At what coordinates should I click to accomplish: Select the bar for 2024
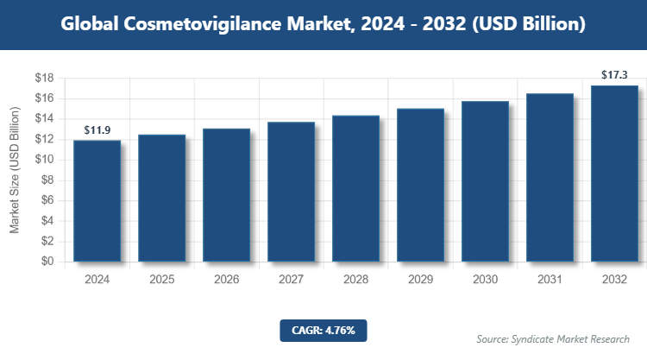97,200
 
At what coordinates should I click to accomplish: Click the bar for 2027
291,192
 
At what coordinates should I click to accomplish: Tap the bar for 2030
485,181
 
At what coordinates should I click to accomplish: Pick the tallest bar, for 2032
614,174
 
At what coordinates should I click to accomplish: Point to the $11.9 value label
97,130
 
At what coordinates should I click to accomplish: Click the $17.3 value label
614,76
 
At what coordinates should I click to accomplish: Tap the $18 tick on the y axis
45,79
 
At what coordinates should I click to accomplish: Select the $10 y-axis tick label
45,160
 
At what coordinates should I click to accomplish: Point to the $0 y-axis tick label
48,262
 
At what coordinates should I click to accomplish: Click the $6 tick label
48,200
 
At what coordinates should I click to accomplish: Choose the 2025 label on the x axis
162,280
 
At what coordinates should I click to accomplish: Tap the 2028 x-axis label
356,280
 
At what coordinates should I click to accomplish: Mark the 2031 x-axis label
550,280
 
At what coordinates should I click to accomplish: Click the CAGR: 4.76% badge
323,330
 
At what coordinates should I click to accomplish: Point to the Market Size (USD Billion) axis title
15,170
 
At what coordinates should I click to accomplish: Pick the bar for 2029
420,185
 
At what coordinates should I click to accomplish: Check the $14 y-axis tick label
45,119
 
